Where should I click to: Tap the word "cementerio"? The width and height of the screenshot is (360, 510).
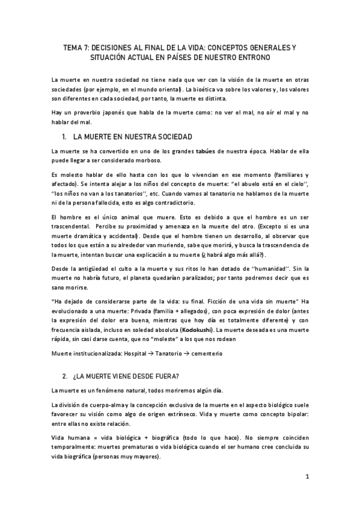click(204, 354)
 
